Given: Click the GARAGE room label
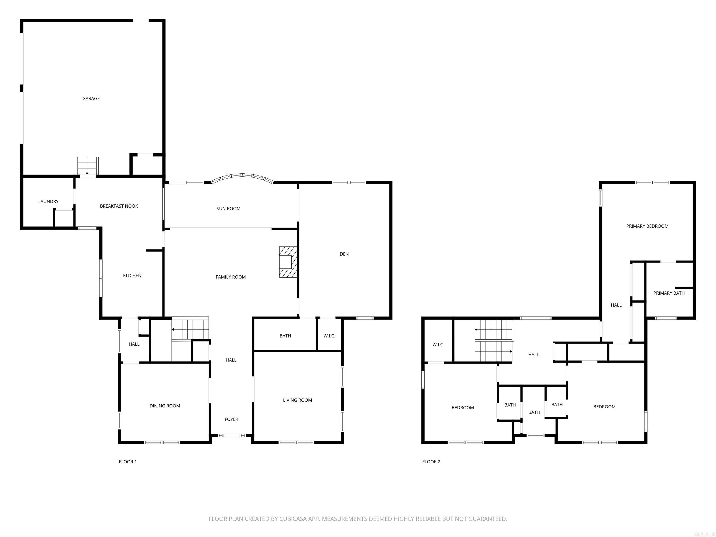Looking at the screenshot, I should [x=91, y=98].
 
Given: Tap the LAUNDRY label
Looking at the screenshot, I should [x=48, y=201].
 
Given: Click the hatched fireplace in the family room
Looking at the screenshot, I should [x=288, y=262].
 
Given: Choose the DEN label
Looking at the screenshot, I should [x=344, y=254].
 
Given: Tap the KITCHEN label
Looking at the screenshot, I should [x=132, y=276].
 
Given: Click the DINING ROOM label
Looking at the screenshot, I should [x=165, y=406].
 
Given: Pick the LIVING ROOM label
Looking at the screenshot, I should [x=297, y=400].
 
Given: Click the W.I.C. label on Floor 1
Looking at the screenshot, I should [x=329, y=336].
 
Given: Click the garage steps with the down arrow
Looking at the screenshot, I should [x=88, y=166].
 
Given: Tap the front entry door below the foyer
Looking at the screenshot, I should [x=232, y=435].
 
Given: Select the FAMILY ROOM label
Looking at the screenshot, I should [x=231, y=277].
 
